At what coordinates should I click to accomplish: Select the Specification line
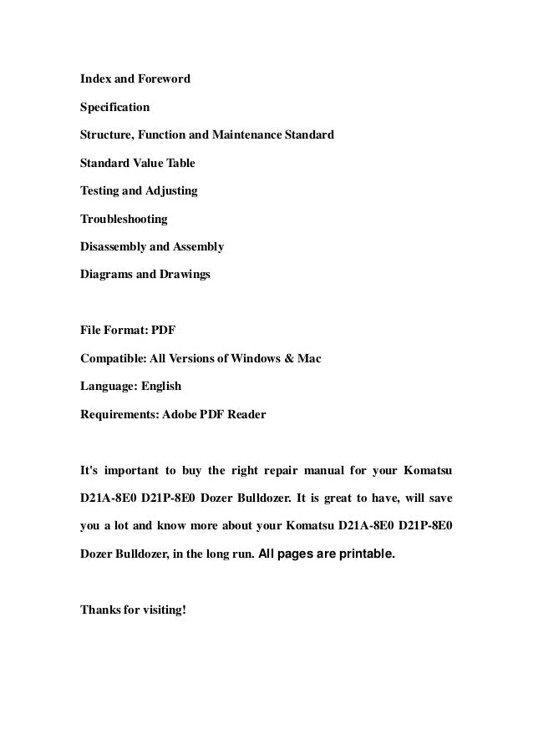coord(115,108)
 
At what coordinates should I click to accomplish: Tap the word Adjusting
coord(172,191)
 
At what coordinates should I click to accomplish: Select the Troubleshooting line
coord(124,219)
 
